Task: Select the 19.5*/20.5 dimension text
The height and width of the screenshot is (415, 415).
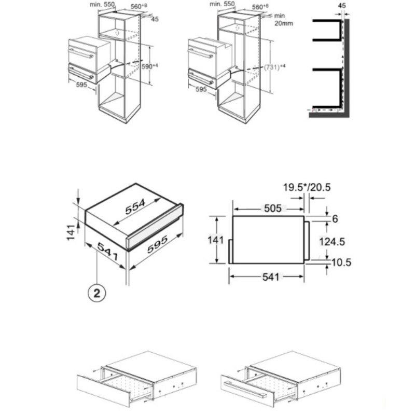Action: pos(307,187)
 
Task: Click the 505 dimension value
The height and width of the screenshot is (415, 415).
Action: pos(271,208)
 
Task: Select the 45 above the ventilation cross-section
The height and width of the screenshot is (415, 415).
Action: pos(341,5)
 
